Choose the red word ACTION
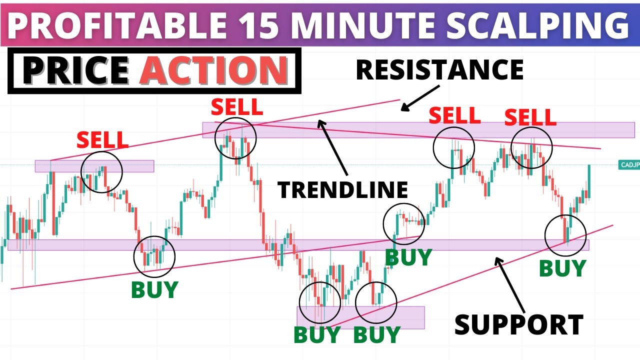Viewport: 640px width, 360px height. tap(214, 70)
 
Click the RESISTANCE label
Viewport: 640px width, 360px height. tap(439, 69)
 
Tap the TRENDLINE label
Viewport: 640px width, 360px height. tap(343, 189)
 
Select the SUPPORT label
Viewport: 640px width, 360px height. tap(519, 324)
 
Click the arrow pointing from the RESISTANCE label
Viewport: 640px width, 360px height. tap(420, 98)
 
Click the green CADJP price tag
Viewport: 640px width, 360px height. tap(629, 165)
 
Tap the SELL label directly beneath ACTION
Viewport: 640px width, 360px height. tap(236, 106)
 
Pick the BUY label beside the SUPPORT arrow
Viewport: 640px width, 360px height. tap(562, 269)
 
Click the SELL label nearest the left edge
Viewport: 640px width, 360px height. tap(102, 140)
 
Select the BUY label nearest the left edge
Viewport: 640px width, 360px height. tap(154, 290)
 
